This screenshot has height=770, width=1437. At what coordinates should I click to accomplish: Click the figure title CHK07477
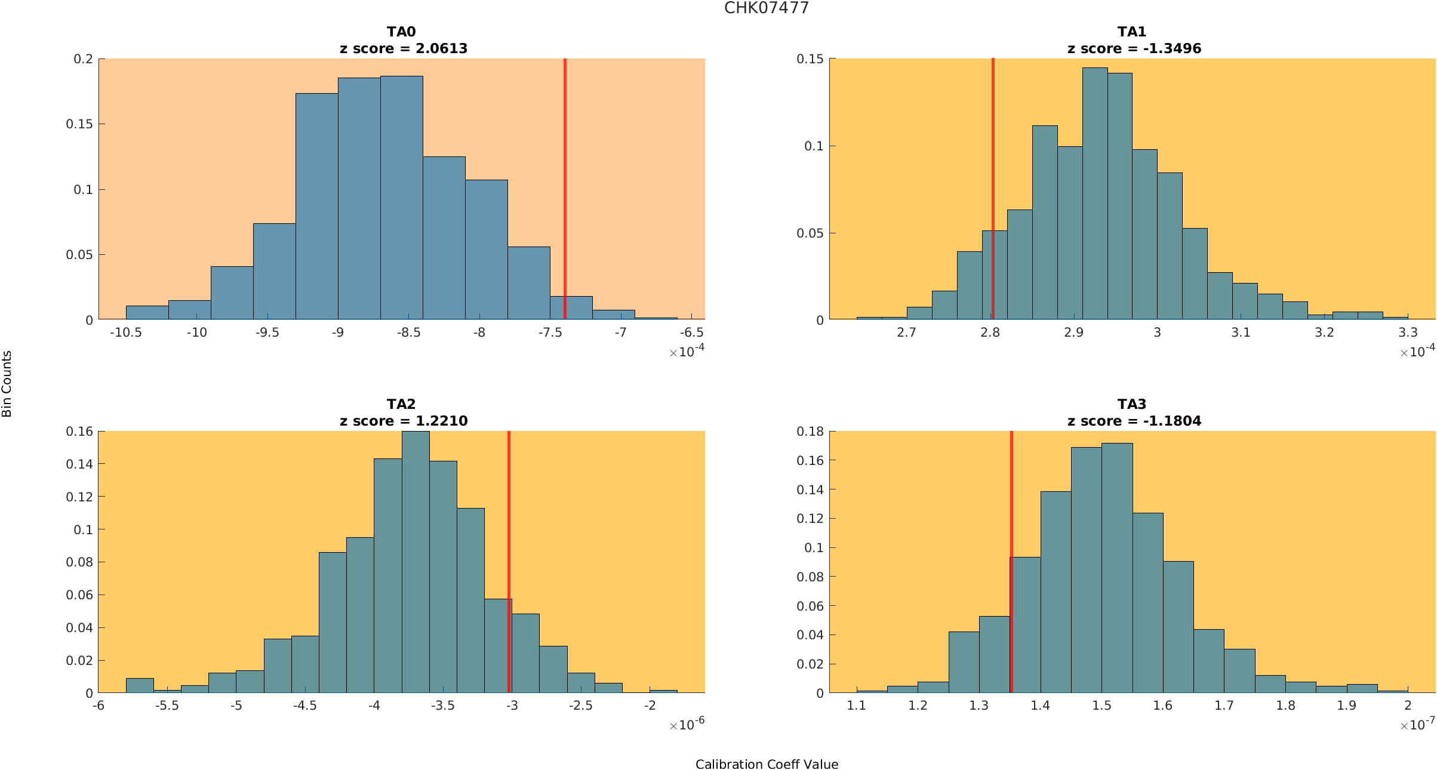click(766, 8)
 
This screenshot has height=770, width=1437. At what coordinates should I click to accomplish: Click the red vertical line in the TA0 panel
click(565, 179)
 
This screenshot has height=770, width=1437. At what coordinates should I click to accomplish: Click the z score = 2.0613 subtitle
click(404, 48)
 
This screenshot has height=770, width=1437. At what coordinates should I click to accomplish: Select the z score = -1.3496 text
click(1134, 48)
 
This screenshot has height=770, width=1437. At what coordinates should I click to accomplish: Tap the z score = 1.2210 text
click(404, 421)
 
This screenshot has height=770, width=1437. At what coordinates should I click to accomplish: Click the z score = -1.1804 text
click(1134, 421)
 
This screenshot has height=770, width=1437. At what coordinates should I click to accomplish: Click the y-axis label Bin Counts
click(7, 384)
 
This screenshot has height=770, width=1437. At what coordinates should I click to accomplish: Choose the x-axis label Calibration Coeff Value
click(767, 764)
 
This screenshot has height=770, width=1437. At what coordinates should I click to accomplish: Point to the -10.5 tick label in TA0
click(125, 332)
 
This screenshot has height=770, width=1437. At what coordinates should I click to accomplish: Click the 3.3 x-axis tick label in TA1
click(1408, 332)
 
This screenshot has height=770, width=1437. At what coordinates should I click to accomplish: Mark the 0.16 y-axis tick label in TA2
click(79, 431)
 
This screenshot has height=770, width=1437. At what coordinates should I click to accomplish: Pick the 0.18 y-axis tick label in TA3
click(810, 431)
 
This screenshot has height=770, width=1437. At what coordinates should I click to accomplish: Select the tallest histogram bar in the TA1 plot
click(1095, 197)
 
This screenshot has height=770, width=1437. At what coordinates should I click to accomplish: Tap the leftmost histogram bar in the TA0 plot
click(147, 313)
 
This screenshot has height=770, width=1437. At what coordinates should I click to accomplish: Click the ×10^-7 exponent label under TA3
click(1417, 725)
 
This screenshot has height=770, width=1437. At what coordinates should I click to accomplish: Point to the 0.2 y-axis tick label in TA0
click(83, 58)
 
